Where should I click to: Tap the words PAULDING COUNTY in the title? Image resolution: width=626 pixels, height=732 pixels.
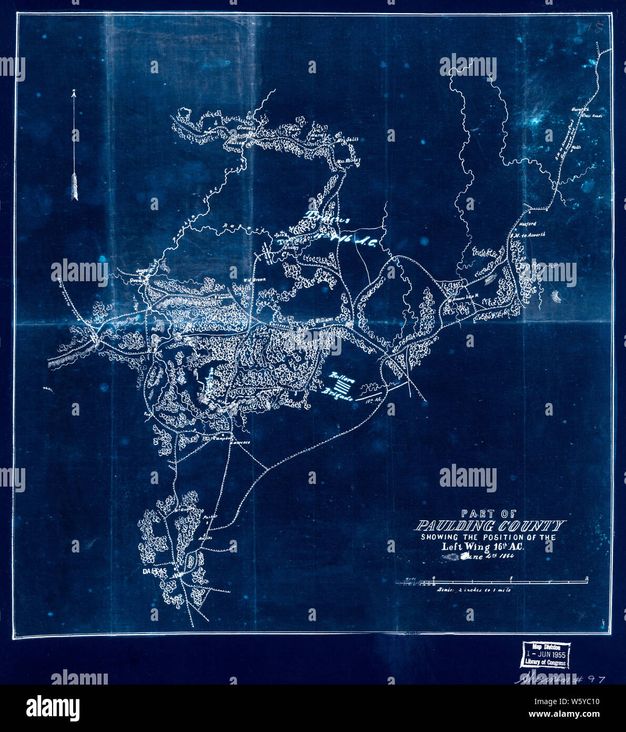pyautogui.click(x=489, y=526)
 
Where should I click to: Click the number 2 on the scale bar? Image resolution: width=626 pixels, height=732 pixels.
pyautogui.click(x=586, y=579)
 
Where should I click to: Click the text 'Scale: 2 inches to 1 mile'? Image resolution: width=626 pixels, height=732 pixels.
pyautogui.click(x=473, y=590)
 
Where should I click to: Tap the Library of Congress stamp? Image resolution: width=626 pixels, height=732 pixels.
pyautogui.click(x=544, y=655)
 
